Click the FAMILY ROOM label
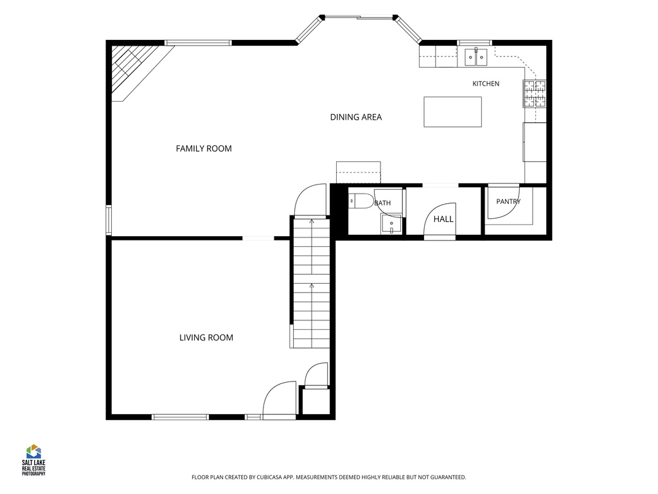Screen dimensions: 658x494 [x=204, y=149]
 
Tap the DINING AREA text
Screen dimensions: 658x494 [x=356, y=117]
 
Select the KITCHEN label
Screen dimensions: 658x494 [x=486, y=84]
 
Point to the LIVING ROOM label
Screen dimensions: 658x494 [x=206, y=337]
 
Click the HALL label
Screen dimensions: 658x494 [x=443, y=219]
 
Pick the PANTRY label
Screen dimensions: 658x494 [x=508, y=201]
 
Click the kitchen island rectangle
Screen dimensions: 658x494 [x=452, y=112]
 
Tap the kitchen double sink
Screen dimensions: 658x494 [x=476, y=57]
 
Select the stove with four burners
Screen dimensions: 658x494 [x=534, y=93]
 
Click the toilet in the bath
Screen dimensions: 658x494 [x=361, y=201]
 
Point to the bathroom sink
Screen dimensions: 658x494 [x=391, y=223]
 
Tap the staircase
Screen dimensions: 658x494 [x=312, y=284]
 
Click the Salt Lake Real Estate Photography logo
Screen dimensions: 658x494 [x=33, y=460]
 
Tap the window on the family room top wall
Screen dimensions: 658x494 [x=198, y=42]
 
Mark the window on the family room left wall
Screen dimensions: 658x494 [x=109, y=220]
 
